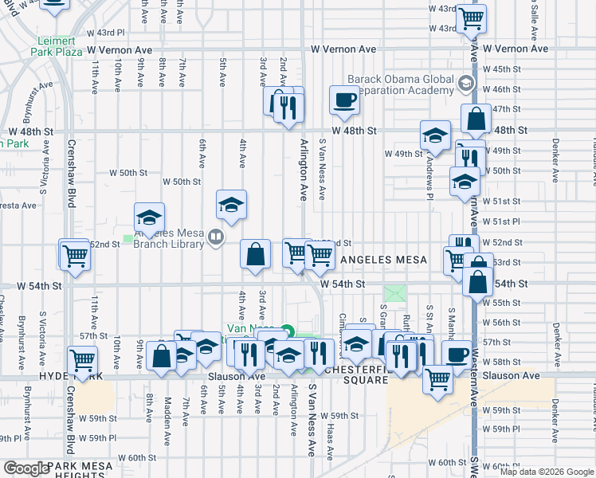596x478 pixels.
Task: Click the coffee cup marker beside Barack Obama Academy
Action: point(344,101)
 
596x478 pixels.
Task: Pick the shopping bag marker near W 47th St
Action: point(475,119)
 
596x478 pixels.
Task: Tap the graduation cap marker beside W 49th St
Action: point(435,135)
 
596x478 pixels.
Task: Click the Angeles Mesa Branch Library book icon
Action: point(216,237)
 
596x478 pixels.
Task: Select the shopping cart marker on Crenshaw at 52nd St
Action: point(75,256)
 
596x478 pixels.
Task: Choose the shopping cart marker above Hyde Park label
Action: point(82,360)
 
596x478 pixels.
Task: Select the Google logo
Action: point(26,468)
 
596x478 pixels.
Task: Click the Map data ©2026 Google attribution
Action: point(546,472)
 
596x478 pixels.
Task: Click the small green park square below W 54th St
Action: point(395,294)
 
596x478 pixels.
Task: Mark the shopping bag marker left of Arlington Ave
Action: point(255,256)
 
